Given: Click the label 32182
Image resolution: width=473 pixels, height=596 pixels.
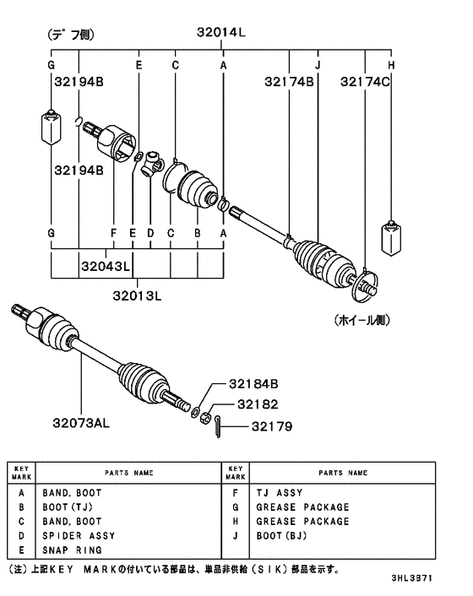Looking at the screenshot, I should click(257, 404).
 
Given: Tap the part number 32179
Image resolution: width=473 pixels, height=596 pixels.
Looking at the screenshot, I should click(270, 426).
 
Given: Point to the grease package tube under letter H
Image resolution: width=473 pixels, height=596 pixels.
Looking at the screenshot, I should click(391, 239).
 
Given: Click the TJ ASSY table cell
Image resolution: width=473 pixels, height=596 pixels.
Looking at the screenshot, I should click(279, 492).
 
